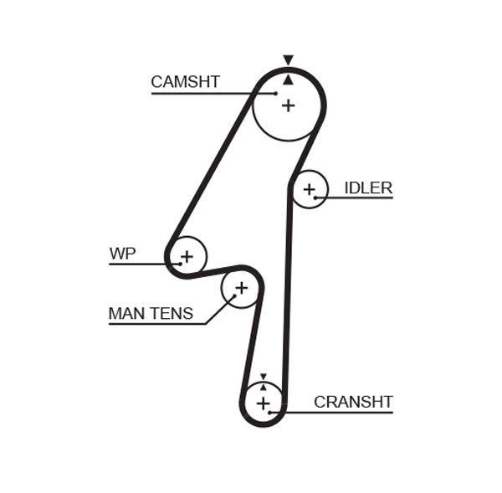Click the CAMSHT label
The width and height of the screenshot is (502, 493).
(185, 82)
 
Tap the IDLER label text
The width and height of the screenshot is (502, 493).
(368, 187)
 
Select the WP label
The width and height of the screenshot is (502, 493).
(122, 254)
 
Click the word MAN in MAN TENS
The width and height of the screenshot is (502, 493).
(127, 314)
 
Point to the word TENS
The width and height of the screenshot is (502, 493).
(172, 314)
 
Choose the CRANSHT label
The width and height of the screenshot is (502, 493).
(353, 402)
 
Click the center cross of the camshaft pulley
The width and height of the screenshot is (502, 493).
(288, 105)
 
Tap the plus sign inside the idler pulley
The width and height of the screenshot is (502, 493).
(309, 189)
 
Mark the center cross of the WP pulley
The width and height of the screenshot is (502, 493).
(187, 255)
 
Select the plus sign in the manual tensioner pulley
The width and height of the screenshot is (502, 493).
(241, 289)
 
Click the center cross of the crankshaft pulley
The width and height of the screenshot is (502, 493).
(264, 404)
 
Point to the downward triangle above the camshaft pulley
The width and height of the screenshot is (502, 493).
(288, 60)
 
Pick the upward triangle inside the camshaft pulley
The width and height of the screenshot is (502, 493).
(288, 79)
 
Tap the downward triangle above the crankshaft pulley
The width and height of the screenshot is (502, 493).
(263, 377)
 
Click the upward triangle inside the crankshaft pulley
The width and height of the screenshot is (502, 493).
(264, 388)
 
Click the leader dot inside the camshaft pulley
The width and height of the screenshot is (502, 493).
(275, 93)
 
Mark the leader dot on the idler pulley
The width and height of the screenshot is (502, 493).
(315, 198)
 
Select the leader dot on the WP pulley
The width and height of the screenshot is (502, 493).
(179, 264)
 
